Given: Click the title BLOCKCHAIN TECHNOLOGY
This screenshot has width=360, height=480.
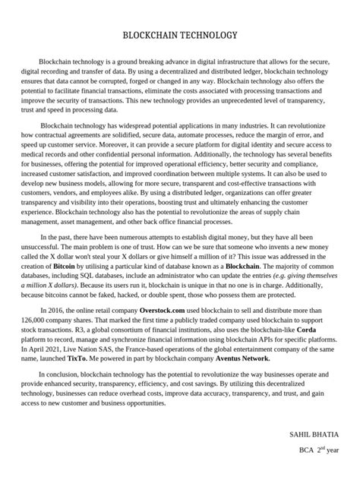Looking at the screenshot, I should (x=180, y=35).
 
